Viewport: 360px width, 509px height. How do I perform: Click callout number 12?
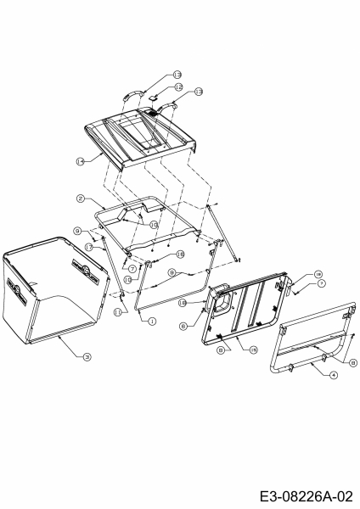(178, 87)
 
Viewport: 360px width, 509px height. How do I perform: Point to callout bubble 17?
(88, 246)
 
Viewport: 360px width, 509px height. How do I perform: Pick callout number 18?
(180, 255)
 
